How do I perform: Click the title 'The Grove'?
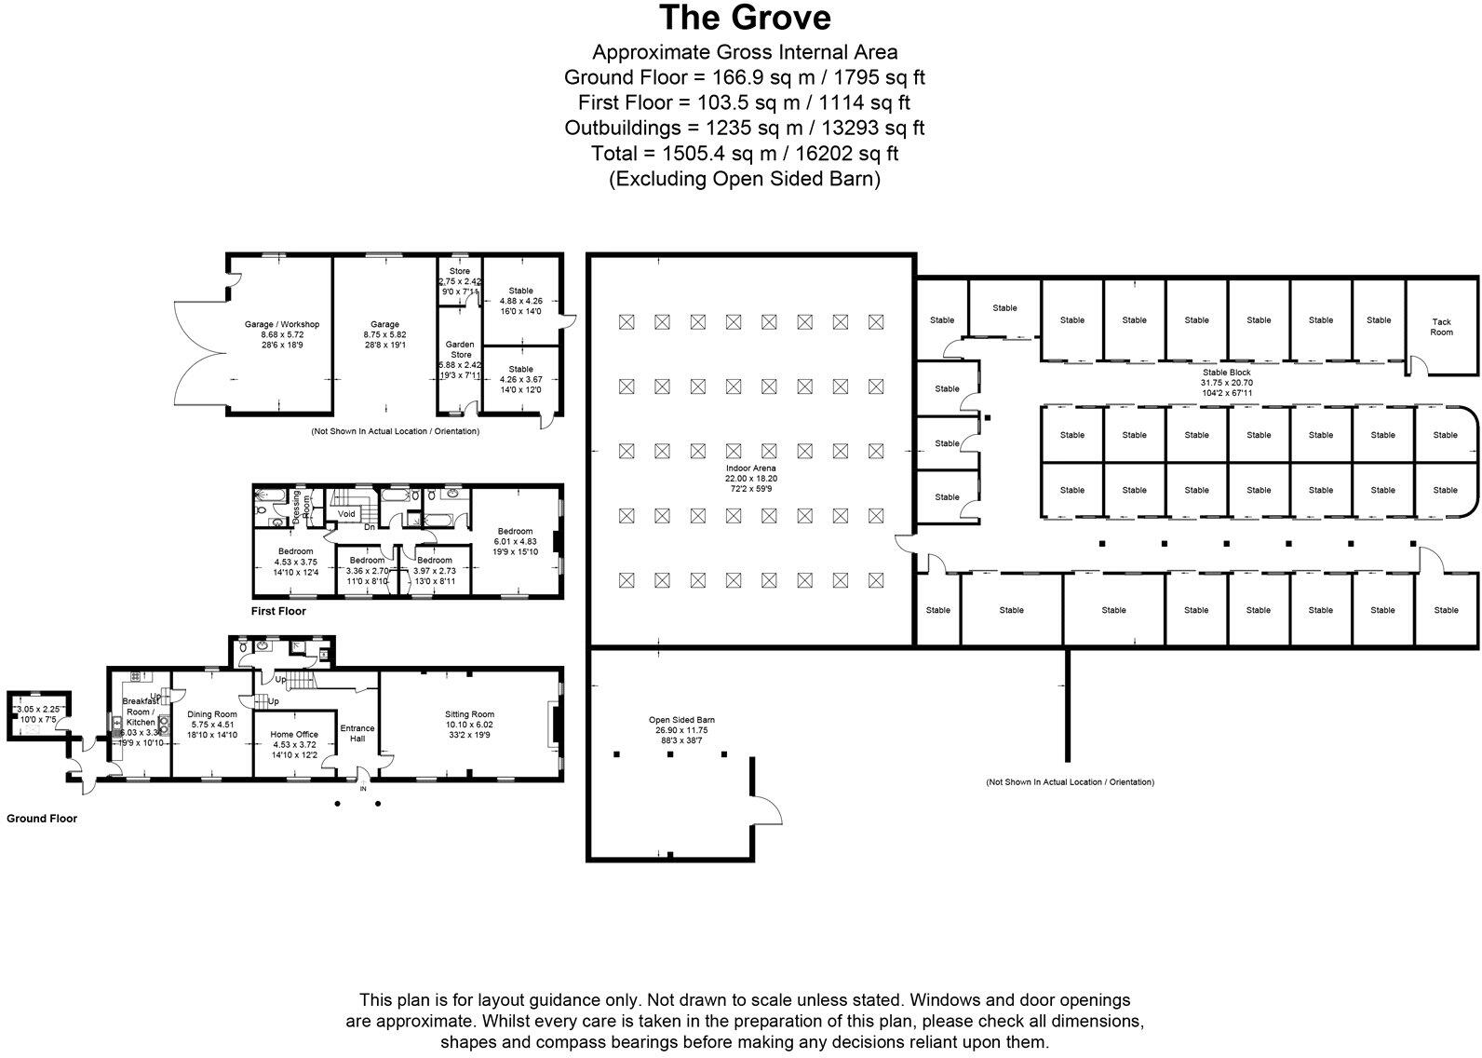point(744,18)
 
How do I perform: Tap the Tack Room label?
point(1441,327)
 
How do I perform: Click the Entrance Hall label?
point(357,734)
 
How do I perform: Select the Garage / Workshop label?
point(281,334)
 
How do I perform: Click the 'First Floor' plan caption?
point(278,612)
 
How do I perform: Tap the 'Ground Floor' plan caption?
point(42,819)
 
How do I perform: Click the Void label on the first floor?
point(346,514)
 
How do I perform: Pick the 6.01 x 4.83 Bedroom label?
point(515,541)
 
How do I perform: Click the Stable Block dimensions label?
point(1226,383)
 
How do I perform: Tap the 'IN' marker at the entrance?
point(364,789)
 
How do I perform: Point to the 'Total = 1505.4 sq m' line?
point(744,153)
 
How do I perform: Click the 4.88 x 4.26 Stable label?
point(521,301)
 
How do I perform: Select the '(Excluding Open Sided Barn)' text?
point(744,179)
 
